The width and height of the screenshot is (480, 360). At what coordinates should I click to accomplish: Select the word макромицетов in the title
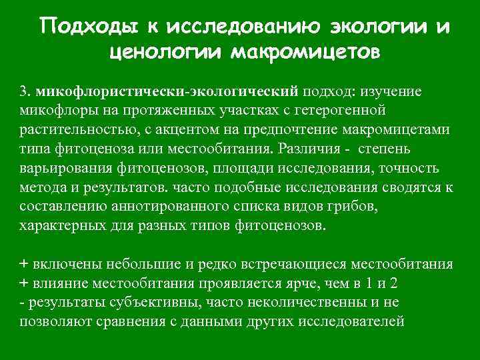(x=306, y=51)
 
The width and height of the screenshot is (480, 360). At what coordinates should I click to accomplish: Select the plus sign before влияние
(x=25, y=283)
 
